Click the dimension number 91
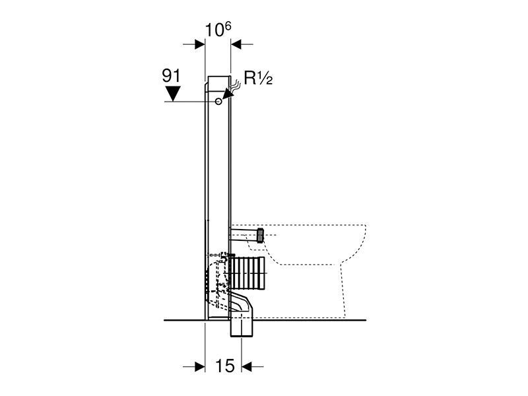[172, 76]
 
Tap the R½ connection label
[258, 79]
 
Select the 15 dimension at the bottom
[224, 366]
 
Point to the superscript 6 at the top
[228, 26]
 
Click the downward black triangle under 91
[172, 94]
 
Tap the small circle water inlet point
[218, 101]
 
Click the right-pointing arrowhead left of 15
[200, 366]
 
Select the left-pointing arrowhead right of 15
[247, 366]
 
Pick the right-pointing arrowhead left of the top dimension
[200, 44]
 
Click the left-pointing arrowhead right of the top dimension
[236, 44]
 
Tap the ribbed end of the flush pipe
[260, 235]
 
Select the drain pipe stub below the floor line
[242, 328]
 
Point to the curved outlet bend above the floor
[241, 303]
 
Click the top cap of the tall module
[219, 83]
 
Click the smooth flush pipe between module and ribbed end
[244, 234]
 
